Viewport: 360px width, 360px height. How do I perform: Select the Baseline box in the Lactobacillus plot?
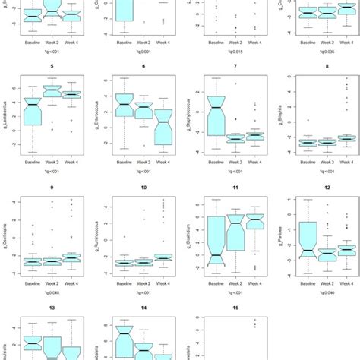click(32, 114)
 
